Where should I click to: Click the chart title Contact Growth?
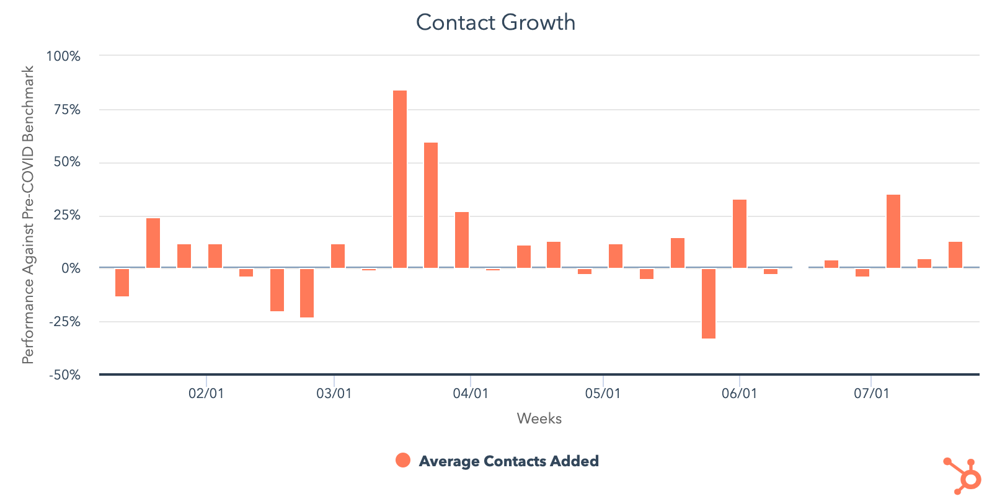tap(495, 22)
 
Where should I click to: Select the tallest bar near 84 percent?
tap(400, 179)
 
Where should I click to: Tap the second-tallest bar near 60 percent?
tap(431, 205)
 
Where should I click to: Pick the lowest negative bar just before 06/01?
tap(709, 303)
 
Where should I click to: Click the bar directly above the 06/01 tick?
tap(740, 234)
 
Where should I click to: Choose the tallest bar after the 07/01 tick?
tap(893, 231)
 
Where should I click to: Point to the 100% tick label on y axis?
tap(63, 56)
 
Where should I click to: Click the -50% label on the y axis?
tap(64, 375)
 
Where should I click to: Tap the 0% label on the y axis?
tap(71, 268)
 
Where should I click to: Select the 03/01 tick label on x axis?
tap(334, 394)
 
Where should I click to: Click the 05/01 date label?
tap(603, 394)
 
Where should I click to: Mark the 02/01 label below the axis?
tap(206, 394)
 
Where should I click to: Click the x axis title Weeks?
tap(539, 418)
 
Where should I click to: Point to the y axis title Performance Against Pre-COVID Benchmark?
tap(28, 215)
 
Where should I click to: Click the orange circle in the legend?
tap(403, 460)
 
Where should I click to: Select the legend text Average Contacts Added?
tap(508, 461)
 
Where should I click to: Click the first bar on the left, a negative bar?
tap(122, 282)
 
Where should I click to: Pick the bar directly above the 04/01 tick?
tap(462, 240)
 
